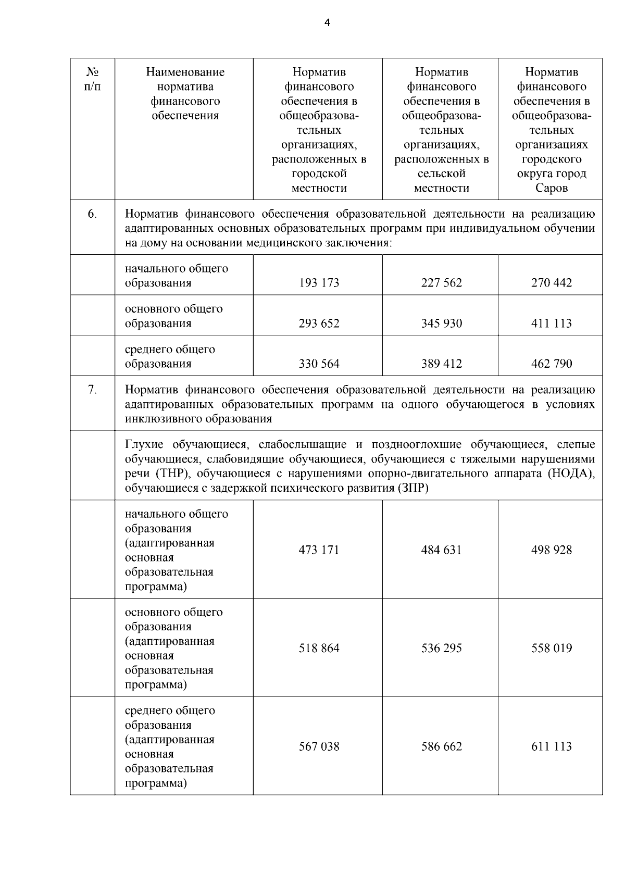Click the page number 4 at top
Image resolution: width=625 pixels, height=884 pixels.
coord(327,22)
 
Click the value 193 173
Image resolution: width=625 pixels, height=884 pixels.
coord(319,283)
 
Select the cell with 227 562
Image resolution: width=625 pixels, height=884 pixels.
coord(441,283)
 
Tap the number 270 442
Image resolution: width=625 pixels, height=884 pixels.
coord(551,283)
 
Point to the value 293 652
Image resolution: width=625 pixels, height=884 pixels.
coord(319,323)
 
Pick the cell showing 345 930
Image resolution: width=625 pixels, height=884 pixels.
coord(441,323)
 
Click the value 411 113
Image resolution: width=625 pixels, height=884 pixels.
coord(551,323)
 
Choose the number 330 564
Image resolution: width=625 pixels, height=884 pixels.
coord(319,364)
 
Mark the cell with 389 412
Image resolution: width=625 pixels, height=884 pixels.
coord(441,364)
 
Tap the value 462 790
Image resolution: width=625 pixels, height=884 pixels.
coord(551,364)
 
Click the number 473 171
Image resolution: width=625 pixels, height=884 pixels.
coord(319,550)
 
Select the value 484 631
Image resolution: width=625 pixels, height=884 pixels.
coord(441,550)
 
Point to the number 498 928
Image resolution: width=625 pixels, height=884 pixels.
coord(551,550)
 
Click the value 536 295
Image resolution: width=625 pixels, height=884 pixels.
coord(441,649)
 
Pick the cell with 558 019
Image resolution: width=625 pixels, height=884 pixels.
coord(551,649)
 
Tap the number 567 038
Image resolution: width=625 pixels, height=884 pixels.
coord(319,746)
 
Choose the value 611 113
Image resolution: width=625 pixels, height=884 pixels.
coord(551,746)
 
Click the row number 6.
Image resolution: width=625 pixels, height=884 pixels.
coord(92,214)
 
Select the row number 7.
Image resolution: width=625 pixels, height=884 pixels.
coord(92,390)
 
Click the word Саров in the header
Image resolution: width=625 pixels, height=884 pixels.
coord(551,188)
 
